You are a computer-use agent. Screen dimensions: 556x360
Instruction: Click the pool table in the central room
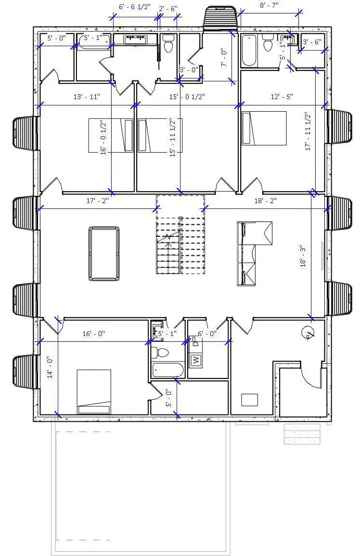click(104, 254)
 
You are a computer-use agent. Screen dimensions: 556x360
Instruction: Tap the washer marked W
click(196, 359)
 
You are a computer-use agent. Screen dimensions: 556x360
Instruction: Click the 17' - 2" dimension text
click(98, 201)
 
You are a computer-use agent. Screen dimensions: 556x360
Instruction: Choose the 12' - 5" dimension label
click(282, 97)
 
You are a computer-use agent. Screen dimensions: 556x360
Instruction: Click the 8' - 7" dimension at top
click(269, 5)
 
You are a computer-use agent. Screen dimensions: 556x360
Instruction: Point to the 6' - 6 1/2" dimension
click(135, 7)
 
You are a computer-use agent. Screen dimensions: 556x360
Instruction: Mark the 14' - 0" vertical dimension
click(51, 368)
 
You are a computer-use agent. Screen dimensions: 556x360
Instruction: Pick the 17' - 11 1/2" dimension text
click(308, 131)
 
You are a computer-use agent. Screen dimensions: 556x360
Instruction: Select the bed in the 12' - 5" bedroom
click(264, 128)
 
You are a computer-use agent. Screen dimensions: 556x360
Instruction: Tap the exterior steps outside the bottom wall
click(302, 434)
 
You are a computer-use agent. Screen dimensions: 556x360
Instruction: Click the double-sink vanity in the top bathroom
click(135, 39)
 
